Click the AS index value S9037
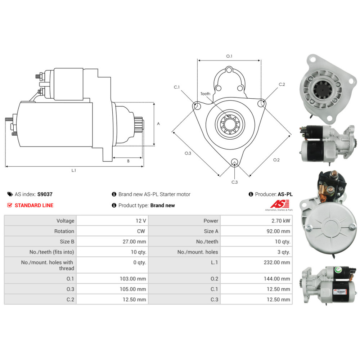[45, 194]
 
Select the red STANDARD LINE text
[34, 205]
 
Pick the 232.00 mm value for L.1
[276, 262]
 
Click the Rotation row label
[64, 231]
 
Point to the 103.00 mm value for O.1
[133, 279]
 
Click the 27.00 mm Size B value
[134, 242]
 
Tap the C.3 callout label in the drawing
[234, 182]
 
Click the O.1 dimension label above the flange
[229, 56]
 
